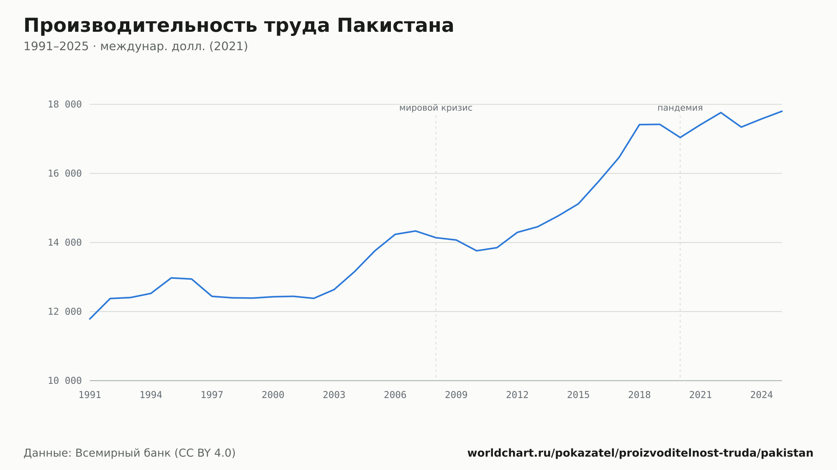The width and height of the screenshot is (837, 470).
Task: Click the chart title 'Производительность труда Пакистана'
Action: (x=239, y=26)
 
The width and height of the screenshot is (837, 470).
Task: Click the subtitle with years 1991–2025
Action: (x=136, y=46)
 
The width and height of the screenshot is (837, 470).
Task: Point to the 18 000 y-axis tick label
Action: (x=65, y=105)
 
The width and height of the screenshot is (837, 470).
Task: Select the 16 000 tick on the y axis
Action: (x=65, y=174)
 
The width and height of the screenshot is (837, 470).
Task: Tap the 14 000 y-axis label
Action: (x=65, y=243)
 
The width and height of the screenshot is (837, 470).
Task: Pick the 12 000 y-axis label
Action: (x=65, y=312)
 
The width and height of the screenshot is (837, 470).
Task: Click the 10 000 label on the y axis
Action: (x=65, y=381)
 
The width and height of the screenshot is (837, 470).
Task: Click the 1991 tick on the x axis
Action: (x=90, y=395)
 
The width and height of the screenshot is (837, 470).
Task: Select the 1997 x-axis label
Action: (x=212, y=395)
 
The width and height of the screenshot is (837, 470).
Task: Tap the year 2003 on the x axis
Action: (x=334, y=395)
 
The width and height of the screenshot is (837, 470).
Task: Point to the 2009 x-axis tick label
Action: (x=456, y=395)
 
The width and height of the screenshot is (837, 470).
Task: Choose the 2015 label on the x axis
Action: (x=578, y=395)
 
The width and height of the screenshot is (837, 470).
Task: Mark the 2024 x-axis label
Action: (x=762, y=395)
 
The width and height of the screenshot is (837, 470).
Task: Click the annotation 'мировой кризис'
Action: (x=436, y=108)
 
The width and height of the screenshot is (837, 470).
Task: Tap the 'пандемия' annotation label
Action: (x=680, y=108)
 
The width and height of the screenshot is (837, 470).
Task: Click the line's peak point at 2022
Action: (x=721, y=112)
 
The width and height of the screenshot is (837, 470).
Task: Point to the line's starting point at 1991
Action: (x=90, y=319)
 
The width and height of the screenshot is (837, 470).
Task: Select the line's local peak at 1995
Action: (x=171, y=278)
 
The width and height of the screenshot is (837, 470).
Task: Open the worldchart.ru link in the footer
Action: (x=640, y=453)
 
